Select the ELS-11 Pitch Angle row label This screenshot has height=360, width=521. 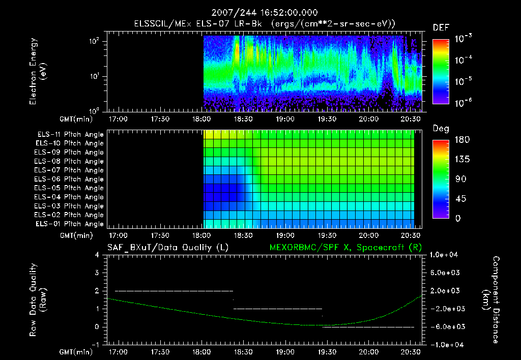pos(70,134)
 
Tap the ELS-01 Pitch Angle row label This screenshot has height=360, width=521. pos(70,224)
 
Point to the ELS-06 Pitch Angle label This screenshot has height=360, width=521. pos(70,179)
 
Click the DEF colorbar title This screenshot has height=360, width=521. pos(441,27)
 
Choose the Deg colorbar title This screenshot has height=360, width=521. pos(441,129)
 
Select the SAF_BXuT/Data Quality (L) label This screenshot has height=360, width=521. pos(167,248)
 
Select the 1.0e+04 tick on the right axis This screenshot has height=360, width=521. pos(446,255)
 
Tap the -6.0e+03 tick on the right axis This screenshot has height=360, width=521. pos(446,326)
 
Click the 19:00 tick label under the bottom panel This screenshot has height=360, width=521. pos(285,351)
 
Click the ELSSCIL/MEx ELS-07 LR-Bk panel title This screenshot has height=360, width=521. pos(260,23)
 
